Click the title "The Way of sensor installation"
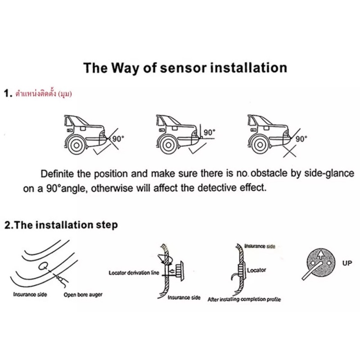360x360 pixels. (x=185, y=68)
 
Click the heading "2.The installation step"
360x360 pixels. (x=60, y=225)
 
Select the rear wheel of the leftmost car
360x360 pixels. (x=77, y=144)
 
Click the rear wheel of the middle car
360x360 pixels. (x=168, y=144)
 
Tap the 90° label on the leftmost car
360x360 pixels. (x=117, y=139)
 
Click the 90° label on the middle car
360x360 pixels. (x=210, y=133)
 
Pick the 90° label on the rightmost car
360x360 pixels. (x=301, y=139)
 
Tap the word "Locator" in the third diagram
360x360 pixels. (x=256, y=270)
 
